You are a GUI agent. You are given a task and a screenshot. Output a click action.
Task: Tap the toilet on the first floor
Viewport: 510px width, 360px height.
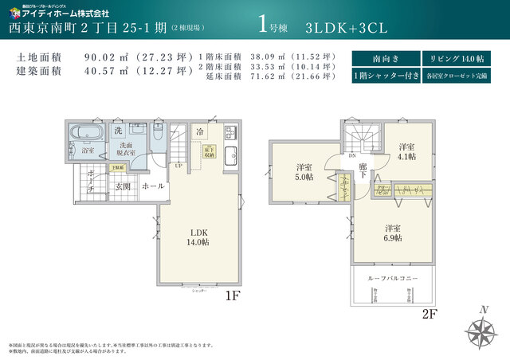(158, 135)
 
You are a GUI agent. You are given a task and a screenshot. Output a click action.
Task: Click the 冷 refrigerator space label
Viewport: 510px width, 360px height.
(201, 131)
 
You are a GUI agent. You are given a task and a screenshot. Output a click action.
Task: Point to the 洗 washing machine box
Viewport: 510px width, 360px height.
(118, 131)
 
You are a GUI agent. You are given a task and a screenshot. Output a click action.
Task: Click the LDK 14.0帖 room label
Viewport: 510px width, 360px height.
(199, 237)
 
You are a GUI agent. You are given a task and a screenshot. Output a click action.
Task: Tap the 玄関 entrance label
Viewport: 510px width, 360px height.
(123, 186)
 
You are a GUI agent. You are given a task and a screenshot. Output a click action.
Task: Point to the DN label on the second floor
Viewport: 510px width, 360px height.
(353, 156)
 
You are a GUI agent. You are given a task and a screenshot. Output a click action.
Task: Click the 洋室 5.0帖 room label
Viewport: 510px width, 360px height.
(304, 171)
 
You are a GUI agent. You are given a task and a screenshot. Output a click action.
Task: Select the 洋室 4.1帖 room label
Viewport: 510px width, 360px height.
(406, 151)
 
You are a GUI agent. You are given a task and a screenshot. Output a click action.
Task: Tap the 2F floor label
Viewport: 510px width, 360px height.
(430, 314)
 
